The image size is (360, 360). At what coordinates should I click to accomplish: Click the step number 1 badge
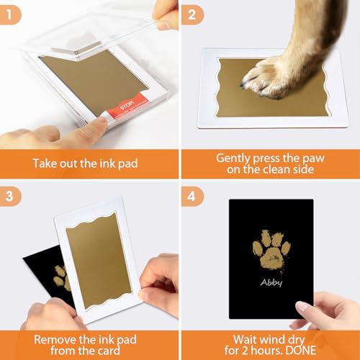coord(10,12)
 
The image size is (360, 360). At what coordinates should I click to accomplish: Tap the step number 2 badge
coord(191,12)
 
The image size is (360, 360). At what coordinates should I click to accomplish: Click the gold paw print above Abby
coord(271,249)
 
